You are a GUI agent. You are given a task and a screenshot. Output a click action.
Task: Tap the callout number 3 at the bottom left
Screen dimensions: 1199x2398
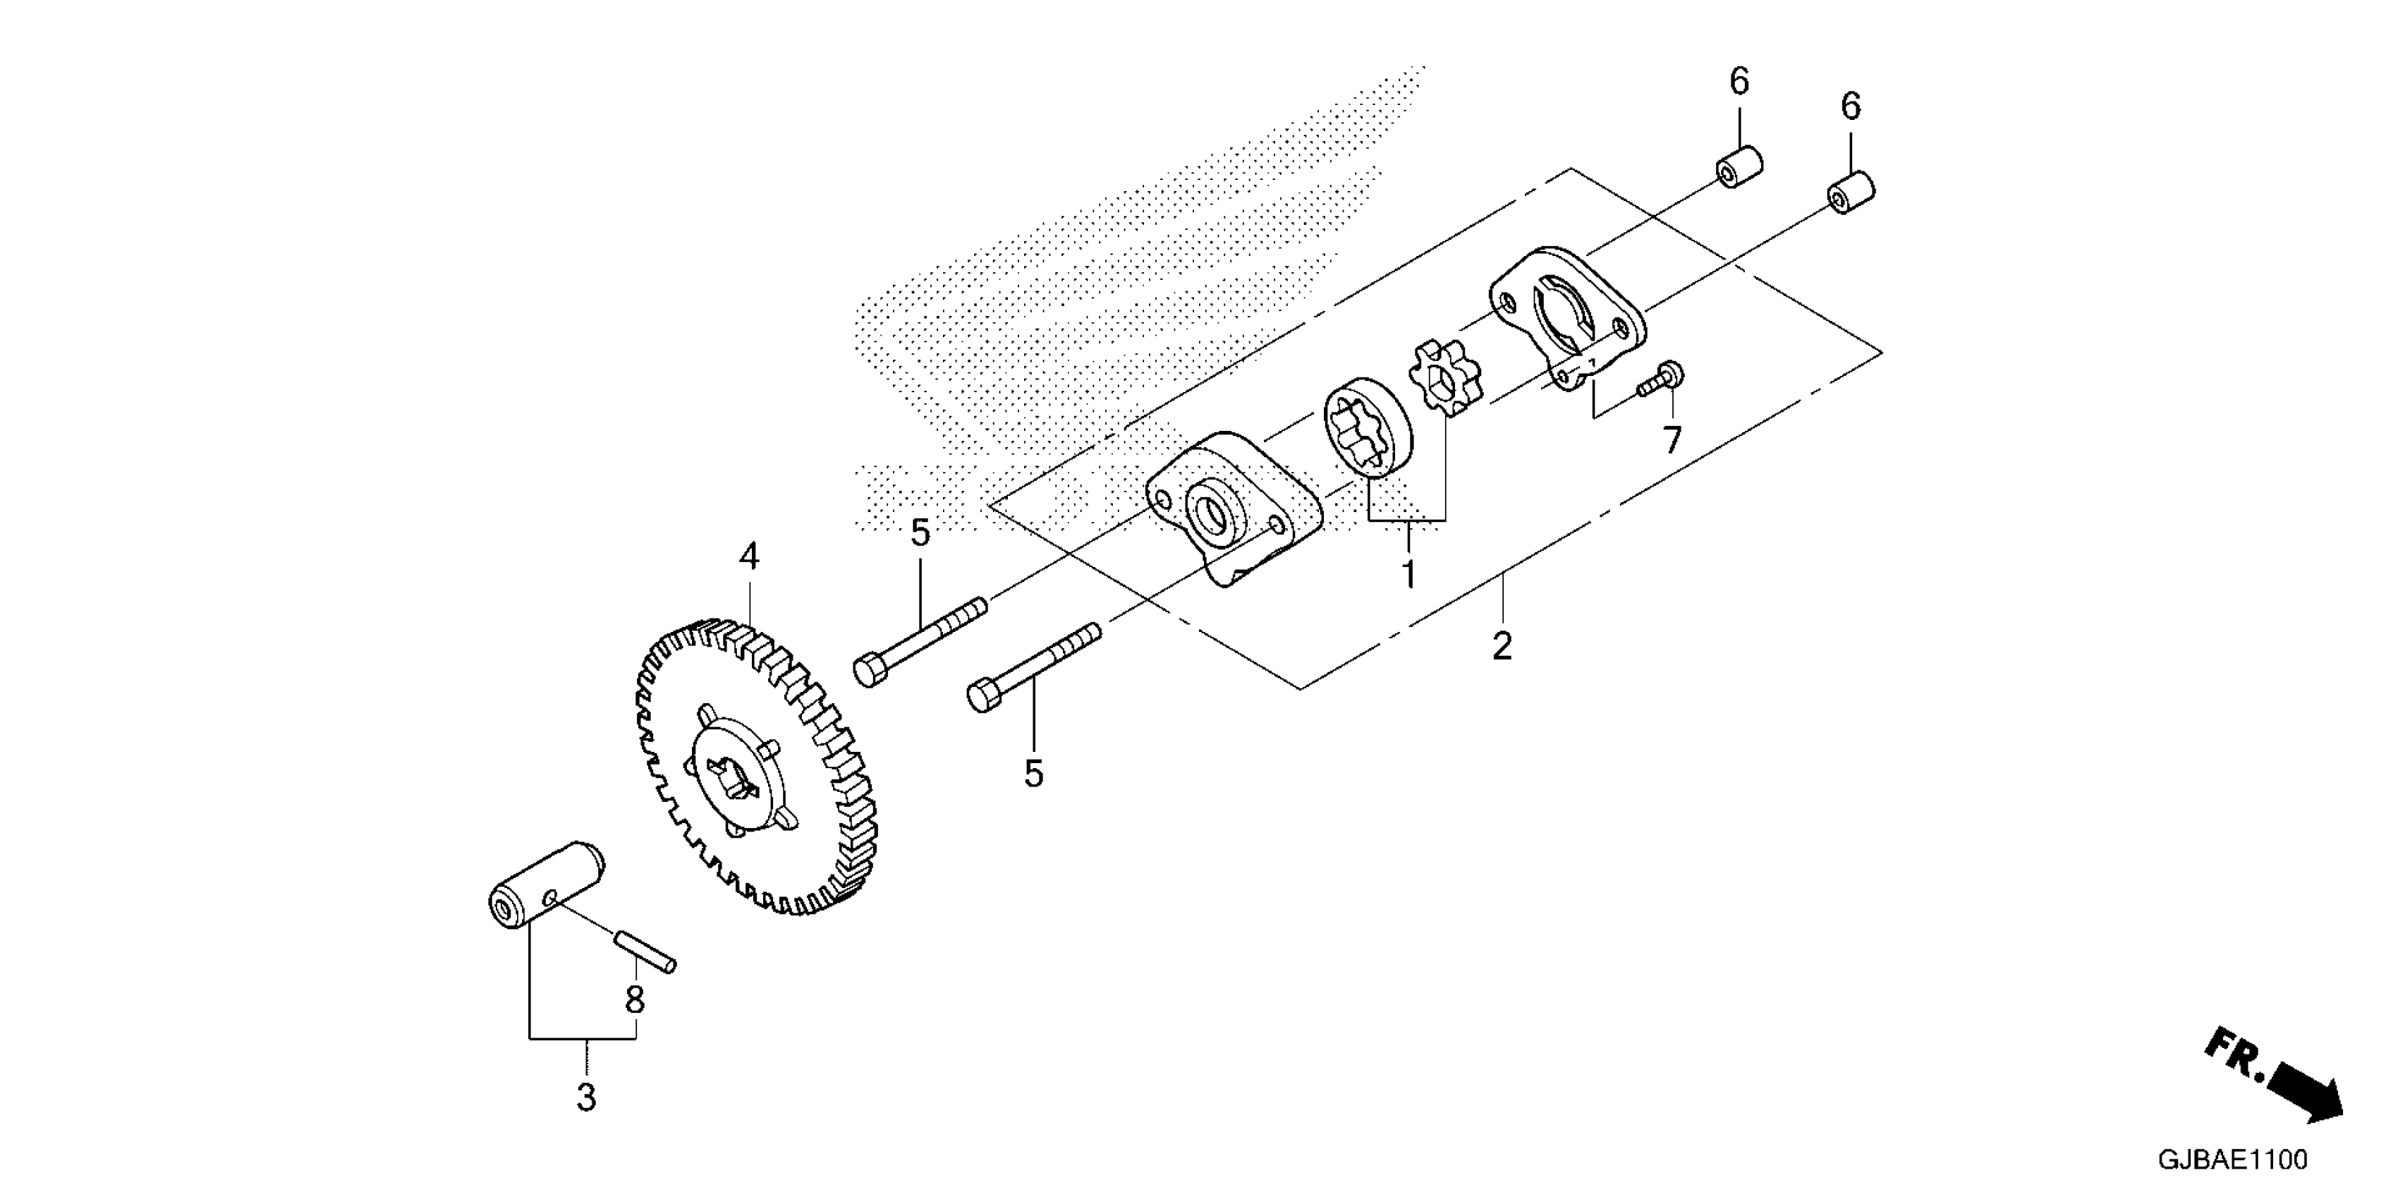(x=585, y=1097)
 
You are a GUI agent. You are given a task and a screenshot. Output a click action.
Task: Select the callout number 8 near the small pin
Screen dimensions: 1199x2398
(x=635, y=1001)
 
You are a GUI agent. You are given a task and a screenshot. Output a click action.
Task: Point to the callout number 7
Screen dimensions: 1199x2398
(x=1673, y=439)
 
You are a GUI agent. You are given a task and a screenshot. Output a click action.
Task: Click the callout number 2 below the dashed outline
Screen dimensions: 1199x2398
(x=1502, y=646)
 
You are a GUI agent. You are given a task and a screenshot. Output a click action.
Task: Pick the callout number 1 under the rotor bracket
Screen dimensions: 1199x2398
(x=1409, y=574)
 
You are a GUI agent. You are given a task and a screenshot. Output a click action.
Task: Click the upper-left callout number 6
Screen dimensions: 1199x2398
(x=1739, y=82)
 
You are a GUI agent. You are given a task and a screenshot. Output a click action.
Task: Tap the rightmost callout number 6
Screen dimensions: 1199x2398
(x=1851, y=107)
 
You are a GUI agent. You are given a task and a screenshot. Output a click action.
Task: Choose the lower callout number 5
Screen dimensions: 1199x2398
(x=1033, y=774)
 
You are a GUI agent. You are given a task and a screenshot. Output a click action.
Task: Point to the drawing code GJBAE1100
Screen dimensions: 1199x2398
(x=2232, y=1160)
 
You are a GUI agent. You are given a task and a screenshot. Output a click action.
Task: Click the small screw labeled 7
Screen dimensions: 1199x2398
(x=1662, y=380)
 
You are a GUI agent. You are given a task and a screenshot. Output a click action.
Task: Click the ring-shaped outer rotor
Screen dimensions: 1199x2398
(x=1368, y=428)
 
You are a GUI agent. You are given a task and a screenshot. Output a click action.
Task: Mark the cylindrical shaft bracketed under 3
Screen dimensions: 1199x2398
(x=545, y=887)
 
